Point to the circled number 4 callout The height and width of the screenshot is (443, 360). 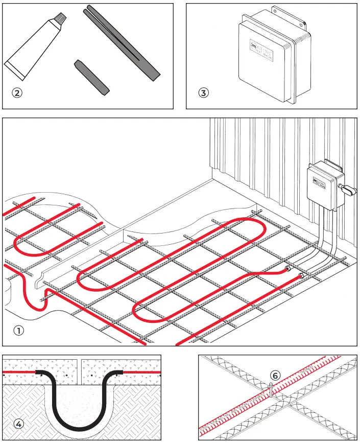click(18, 424)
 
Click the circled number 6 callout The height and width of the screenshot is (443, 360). click(275, 375)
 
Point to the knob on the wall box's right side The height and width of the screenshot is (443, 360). click(349, 191)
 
